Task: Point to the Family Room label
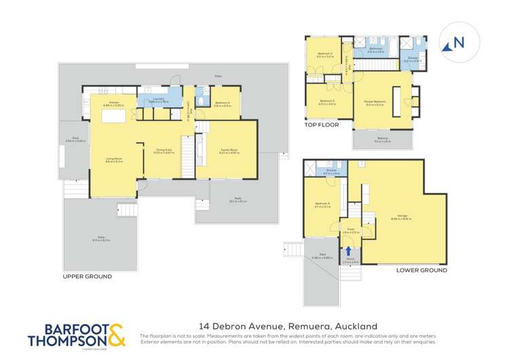226,151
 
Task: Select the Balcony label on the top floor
383,140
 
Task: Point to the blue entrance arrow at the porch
348,250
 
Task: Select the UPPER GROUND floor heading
88,277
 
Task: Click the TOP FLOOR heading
320,126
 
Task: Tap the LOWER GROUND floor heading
421,270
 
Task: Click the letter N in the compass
459,42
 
